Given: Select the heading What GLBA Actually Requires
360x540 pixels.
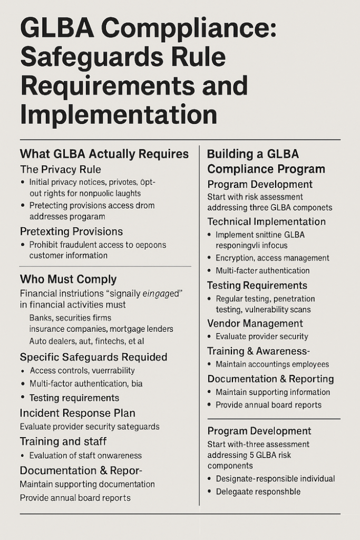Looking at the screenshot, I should point(104,154).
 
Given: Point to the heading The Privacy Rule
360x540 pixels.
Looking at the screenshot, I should point(61,169).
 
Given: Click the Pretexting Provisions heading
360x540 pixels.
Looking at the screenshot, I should point(71,232).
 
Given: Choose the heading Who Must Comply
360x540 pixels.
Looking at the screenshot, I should point(68,279).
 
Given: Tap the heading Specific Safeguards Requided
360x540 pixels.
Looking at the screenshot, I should point(93,357).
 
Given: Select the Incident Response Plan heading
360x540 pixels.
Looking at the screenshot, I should point(77,413).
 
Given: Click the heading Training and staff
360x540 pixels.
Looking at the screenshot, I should point(63,441).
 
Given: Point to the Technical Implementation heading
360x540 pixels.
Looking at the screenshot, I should point(266,221).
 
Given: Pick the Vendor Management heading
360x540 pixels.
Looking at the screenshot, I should point(255,323).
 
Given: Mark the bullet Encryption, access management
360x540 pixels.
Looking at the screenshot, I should point(272,258).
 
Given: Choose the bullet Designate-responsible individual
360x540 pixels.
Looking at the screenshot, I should point(275,478).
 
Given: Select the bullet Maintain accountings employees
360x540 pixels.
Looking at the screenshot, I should point(272,364).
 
